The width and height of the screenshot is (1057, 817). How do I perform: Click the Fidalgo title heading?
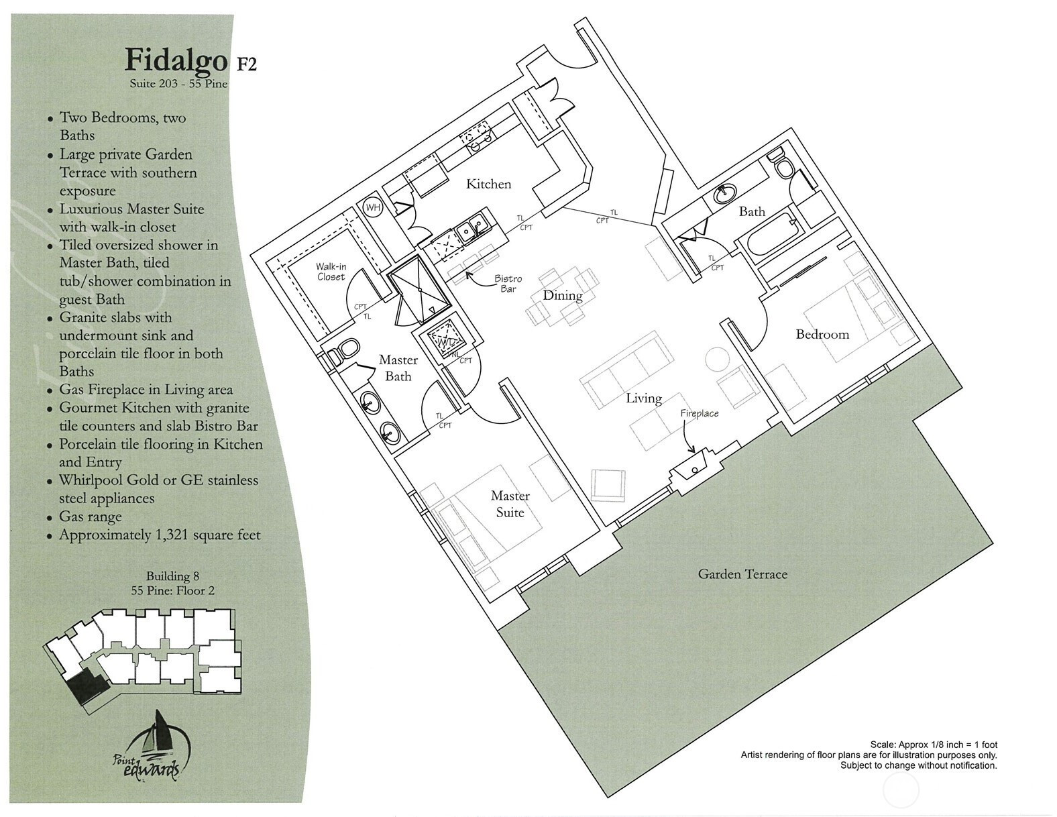click(176, 62)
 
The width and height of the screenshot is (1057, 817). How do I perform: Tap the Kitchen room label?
click(488, 184)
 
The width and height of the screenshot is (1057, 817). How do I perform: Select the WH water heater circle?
click(373, 208)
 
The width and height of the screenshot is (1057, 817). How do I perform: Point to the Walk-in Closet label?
click(331, 272)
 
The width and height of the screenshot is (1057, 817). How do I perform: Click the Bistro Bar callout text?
click(508, 284)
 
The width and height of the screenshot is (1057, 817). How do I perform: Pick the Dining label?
click(563, 295)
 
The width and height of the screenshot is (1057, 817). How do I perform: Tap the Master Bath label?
click(398, 368)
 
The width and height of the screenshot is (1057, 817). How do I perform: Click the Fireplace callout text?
click(700, 413)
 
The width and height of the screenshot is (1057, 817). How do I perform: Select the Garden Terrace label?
click(742, 574)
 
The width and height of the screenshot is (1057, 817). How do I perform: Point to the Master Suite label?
click(510, 504)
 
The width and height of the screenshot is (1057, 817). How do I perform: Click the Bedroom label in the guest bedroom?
click(822, 335)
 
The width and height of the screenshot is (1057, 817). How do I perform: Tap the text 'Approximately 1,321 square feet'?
click(160, 535)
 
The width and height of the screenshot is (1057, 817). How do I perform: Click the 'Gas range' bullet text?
click(91, 516)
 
